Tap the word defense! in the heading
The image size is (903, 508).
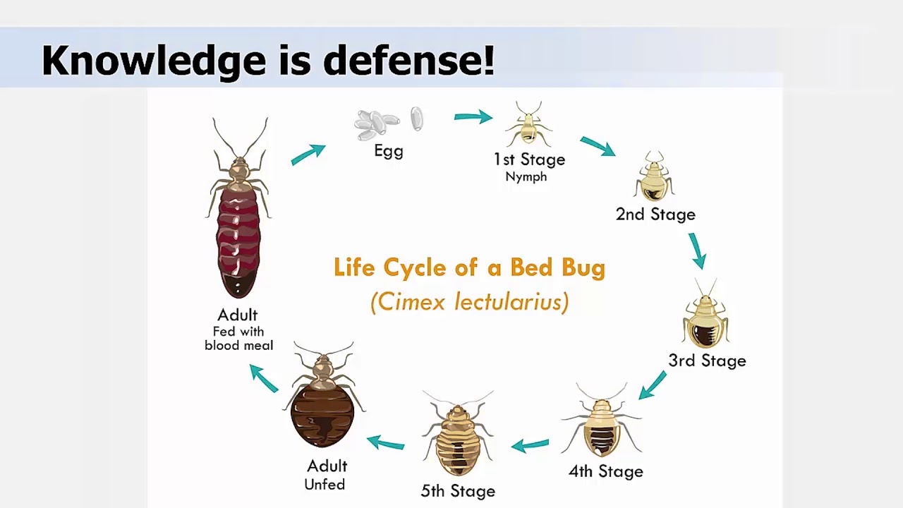point(408,60)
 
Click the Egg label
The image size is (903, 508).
point(389,151)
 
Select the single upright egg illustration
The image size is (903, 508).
point(417,119)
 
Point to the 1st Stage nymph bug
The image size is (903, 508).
point(528,125)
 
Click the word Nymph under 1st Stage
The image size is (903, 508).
point(526,176)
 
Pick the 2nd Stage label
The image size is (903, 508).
point(655,214)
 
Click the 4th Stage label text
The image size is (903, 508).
point(606,471)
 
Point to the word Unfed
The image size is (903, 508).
point(325,485)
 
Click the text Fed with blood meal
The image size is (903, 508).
point(238,339)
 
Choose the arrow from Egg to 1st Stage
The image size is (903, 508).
point(473,117)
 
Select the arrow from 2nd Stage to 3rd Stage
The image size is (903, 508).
point(697,251)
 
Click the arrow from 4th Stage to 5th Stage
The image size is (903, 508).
point(530,445)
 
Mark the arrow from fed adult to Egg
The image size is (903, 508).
point(308,154)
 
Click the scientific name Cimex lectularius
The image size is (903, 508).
point(469,302)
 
